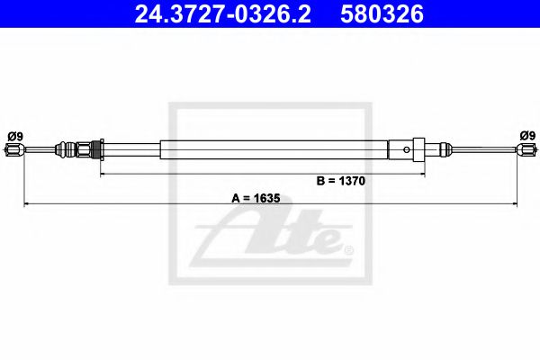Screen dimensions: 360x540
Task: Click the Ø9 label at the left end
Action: (x=14, y=136)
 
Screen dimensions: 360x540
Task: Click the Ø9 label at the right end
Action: (x=526, y=136)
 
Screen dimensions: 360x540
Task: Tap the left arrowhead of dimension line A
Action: (x=24, y=205)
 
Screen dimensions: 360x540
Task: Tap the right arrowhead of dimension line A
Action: (x=517, y=205)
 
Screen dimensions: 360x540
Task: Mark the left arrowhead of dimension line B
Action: (x=102, y=171)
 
